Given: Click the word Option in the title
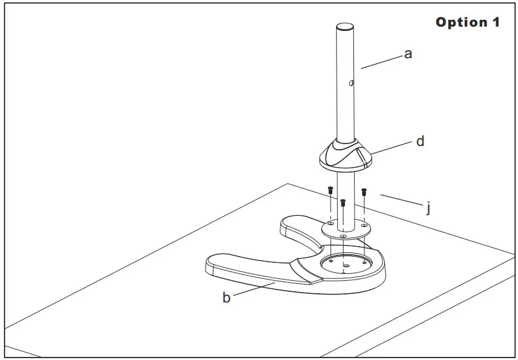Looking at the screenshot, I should click(x=462, y=22).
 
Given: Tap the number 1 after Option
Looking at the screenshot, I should click(x=496, y=22).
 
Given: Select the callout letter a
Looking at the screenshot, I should click(x=408, y=54).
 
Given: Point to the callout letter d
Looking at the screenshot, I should click(x=420, y=142).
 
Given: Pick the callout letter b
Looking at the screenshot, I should click(x=227, y=298).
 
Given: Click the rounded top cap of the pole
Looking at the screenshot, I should click(x=345, y=27).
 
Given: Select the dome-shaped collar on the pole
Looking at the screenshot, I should click(x=345, y=155).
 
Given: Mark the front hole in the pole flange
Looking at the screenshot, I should click(x=343, y=236).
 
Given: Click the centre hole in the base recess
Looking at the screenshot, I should click(x=345, y=266).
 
